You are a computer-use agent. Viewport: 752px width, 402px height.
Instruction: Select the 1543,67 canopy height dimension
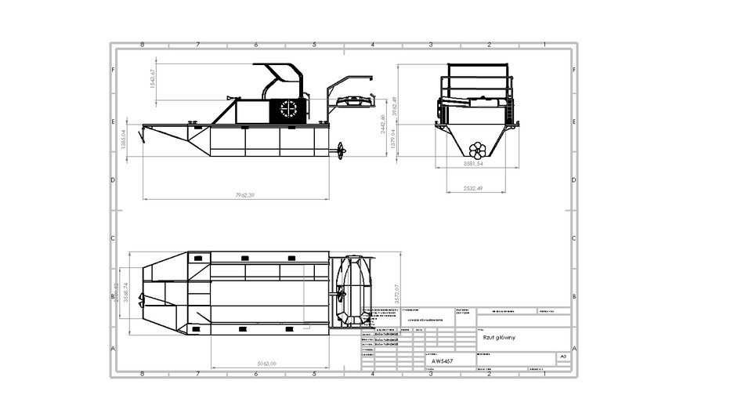(154, 79)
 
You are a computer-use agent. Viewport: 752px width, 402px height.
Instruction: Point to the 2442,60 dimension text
(383, 124)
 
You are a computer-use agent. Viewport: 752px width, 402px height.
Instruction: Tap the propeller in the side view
(341, 150)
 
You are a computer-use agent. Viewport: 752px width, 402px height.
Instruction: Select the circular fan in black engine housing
(289, 110)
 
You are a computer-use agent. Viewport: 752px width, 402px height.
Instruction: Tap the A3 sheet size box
(562, 356)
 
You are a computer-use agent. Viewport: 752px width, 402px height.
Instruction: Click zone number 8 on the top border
(142, 45)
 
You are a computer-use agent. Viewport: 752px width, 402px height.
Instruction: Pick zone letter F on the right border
(574, 70)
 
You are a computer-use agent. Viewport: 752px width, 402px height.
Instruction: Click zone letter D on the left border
(114, 180)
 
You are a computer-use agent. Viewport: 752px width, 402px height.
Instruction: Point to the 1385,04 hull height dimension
(125, 140)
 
